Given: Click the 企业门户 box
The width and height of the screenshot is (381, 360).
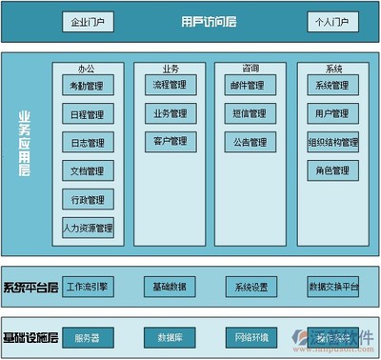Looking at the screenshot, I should pos(89,21).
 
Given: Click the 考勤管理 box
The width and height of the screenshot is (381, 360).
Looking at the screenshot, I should pos(89,86).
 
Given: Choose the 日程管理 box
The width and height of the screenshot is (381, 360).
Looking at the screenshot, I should pos(89,114).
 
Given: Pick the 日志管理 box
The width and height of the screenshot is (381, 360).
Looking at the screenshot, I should pos(89,143).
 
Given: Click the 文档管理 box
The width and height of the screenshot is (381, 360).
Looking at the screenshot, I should pos(89,171).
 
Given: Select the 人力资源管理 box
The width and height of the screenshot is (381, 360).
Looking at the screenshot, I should pos(89,229).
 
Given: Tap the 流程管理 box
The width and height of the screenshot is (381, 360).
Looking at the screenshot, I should pos(170,86).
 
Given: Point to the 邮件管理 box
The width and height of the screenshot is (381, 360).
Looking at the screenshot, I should pos(251,86).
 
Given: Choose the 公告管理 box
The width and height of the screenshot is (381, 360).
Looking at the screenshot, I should pos(251,143).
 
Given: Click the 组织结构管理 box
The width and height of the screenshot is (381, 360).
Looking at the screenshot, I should pos(332,143).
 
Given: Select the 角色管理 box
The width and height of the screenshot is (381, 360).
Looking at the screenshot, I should pos(332,171).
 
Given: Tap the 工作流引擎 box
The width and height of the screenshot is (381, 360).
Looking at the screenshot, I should pos(89,286).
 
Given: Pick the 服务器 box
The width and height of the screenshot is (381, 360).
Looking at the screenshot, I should pos(89,337).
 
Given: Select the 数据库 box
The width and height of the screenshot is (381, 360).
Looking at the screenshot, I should pos(170,337).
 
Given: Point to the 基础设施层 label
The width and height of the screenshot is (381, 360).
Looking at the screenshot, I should pos(30,338).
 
